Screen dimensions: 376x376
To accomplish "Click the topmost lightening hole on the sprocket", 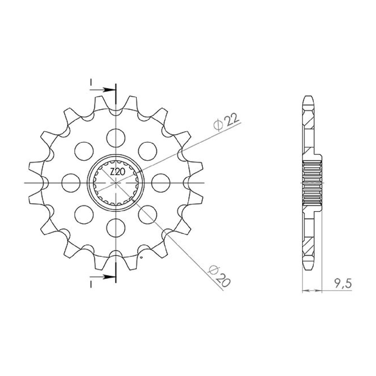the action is (x=116, y=138).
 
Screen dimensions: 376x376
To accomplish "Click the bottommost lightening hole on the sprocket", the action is (x=116, y=228).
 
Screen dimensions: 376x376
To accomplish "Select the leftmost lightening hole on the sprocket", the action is (x=71, y=183).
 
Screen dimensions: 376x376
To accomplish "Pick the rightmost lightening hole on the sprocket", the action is (x=161, y=183).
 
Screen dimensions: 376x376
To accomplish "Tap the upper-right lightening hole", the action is (x=148, y=151).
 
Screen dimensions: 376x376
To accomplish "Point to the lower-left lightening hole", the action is (x=84, y=215).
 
